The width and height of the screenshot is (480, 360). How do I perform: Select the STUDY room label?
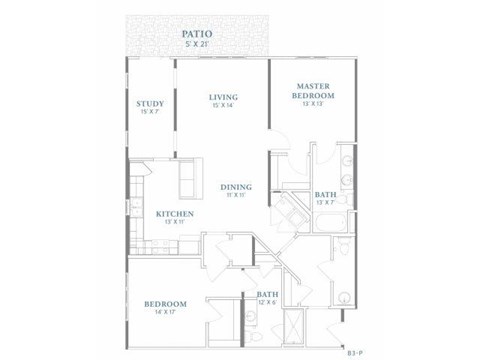(x=151, y=103)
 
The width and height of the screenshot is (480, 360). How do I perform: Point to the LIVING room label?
(x=222, y=97)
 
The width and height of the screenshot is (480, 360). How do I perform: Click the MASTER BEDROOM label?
(x=313, y=90)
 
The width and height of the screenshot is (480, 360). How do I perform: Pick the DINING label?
(x=236, y=187)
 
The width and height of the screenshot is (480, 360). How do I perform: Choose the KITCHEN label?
(x=174, y=214)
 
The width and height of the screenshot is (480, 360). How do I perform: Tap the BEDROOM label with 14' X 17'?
(x=165, y=303)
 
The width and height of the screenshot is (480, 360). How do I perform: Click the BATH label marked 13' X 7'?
(x=325, y=195)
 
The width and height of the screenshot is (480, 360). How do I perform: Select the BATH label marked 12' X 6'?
(x=267, y=293)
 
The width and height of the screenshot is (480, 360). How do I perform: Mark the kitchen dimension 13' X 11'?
(x=174, y=223)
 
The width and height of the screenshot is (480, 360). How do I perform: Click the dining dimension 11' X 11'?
(x=236, y=196)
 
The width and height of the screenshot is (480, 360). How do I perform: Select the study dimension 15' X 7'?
(x=151, y=112)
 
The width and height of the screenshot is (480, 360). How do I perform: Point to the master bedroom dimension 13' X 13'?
(x=313, y=102)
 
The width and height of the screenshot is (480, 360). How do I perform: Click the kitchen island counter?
(x=188, y=180)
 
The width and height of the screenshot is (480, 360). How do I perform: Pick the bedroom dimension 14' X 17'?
(x=165, y=312)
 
